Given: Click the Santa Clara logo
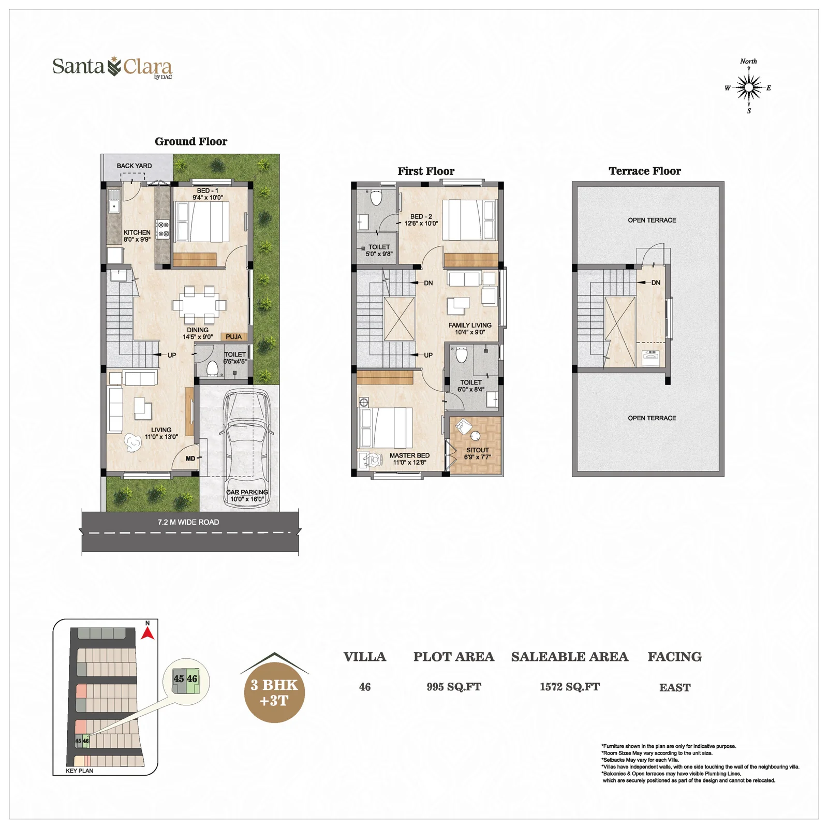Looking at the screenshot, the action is [112, 67].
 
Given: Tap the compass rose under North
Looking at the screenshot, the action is [748, 87].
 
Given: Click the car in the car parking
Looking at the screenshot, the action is [246, 448].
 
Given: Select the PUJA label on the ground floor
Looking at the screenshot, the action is [233, 337].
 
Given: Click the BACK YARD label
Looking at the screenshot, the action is [134, 166].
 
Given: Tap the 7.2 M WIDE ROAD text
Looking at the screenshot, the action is [188, 522].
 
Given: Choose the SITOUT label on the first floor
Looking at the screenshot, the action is [477, 450].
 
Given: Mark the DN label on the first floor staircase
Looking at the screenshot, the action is [428, 283].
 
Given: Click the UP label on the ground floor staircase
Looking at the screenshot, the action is [172, 355].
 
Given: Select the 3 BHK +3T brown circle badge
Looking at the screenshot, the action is [274, 692].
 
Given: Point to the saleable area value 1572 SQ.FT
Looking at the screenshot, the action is [570, 687].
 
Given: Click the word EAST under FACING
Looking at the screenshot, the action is [675, 687].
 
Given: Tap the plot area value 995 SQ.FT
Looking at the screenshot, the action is [454, 687].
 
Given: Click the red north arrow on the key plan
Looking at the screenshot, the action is [147, 633].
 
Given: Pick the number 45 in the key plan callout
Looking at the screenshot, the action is [179, 678].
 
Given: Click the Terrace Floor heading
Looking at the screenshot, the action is [645, 171].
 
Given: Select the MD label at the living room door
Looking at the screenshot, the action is [190, 459].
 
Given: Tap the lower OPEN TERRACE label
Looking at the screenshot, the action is [652, 418].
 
